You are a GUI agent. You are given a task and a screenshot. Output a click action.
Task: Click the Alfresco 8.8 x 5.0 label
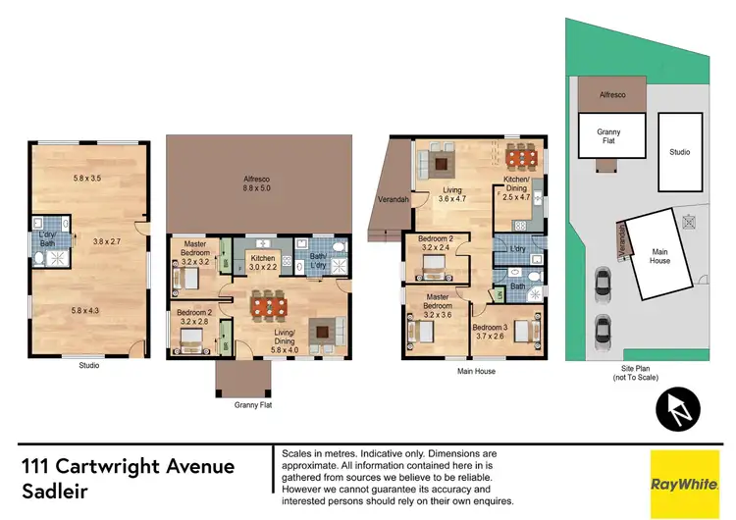(258, 184)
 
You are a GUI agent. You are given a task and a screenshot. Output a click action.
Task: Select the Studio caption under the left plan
(88, 366)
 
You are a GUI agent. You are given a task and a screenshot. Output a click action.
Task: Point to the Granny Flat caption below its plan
(253, 404)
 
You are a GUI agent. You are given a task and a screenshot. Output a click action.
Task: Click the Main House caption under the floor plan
(476, 372)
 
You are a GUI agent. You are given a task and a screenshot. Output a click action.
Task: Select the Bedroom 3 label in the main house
(489, 332)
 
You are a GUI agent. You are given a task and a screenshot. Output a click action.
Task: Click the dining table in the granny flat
(268, 306)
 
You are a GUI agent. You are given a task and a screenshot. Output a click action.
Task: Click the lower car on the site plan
(602, 326)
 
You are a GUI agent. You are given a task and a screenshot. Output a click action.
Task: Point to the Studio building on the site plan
(679, 152)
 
